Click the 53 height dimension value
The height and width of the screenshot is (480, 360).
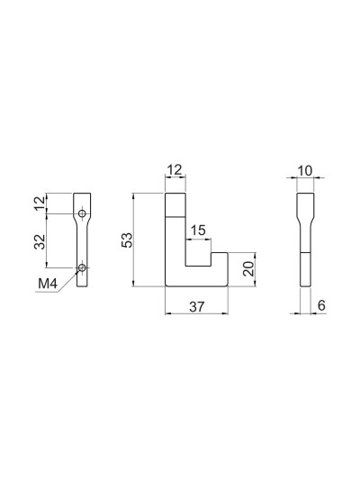tap(127, 240)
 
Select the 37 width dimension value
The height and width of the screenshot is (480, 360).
tap(197, 306)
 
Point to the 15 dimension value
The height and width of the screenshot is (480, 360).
tap(198, 231)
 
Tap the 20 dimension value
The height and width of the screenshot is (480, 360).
tap(249, 268)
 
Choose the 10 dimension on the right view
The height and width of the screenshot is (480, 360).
tap(304, 171)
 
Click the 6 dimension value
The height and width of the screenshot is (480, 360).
tap(321, 305)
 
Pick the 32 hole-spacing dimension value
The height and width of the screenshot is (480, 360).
tap(40, 242)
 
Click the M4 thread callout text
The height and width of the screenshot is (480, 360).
tap(48, 284)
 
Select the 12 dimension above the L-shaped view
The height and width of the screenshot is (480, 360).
tap(175, 169)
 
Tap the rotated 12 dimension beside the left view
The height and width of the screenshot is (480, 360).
tap(40, 203)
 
